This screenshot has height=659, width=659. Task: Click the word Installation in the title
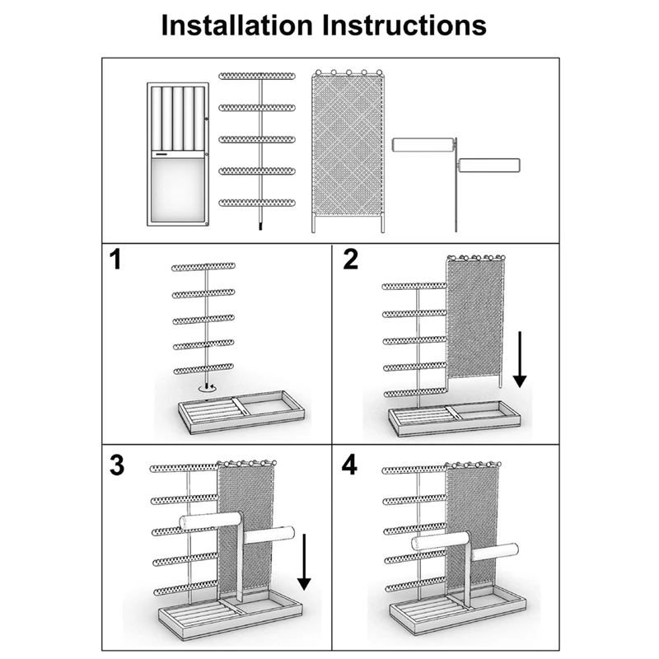239,24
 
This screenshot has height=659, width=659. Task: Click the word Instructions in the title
403,24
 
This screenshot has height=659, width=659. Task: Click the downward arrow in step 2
519,358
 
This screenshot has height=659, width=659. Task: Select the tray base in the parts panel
177,154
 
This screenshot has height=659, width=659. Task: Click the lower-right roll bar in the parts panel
489,165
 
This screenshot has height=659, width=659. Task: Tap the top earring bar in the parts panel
260,77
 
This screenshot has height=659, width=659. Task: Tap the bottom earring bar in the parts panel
260,202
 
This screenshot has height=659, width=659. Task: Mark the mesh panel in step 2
474,317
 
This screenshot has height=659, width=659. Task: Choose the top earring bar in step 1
203,268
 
